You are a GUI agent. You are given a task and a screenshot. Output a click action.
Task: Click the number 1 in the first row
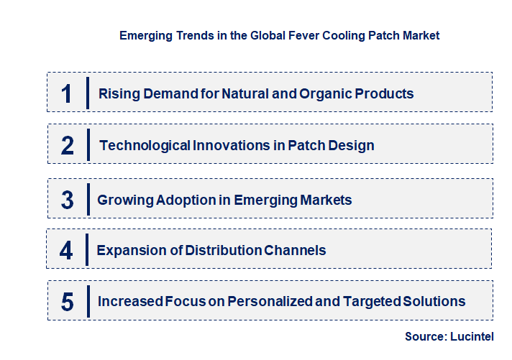[66, 93]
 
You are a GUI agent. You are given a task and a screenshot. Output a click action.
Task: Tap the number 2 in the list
[68, 146]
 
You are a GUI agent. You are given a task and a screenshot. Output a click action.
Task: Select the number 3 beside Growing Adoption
[68, 200]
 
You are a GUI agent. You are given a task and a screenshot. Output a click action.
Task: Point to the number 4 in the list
[66, 251]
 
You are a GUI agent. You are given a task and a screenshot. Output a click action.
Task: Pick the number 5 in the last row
[68, 302]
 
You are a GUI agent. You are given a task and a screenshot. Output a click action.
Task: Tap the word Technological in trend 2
[145, 146]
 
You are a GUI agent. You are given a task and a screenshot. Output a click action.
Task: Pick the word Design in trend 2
[349, 146]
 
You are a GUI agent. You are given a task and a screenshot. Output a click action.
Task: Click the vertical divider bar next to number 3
[87, 199]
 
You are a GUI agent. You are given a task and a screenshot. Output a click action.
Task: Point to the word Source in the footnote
[427, 336]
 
